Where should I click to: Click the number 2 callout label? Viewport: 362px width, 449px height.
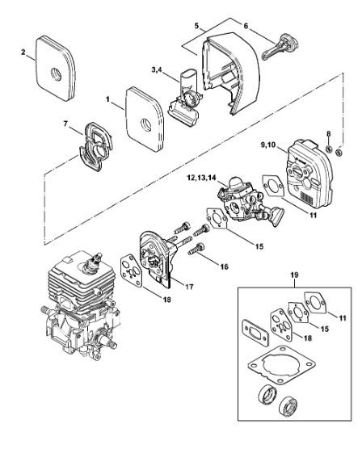[x=23, y=52]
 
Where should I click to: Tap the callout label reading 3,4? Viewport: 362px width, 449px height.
[x=157, y=70]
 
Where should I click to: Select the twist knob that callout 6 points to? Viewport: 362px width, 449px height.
[x=281, y=46]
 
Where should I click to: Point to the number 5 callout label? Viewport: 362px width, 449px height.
[x=196, y=26]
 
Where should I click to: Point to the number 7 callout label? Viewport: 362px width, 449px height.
[x=65, y=124]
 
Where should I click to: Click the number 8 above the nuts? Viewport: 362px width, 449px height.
[x=329, y=133]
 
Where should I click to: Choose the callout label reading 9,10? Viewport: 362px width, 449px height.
[x=267, y=145]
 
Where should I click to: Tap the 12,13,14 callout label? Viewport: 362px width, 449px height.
[x=201, y=178]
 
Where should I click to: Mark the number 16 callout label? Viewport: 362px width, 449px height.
[x=224, y=266]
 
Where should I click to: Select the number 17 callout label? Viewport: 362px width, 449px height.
[x=189, y=287]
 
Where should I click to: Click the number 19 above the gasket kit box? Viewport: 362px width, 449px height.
[x=294, y=275]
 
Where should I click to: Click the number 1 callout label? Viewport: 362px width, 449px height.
[x=107, y=99]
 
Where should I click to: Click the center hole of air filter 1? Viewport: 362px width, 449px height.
[x=146, y=124]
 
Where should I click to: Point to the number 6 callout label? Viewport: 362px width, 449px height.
[x=246, y=26]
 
